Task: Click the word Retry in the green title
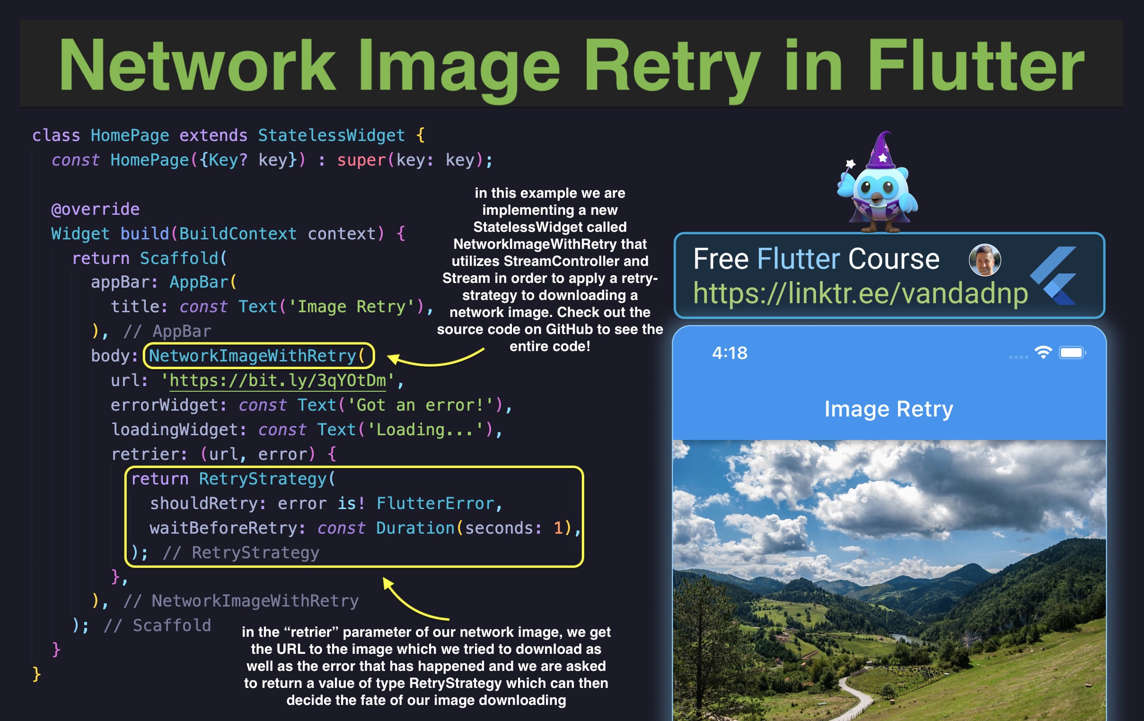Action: click(x=671, y=67)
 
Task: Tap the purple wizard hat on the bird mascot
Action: click(x=881, y=151)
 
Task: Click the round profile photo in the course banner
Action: click(x=985, y=260)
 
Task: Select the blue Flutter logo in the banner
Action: click(x=1055, y=276)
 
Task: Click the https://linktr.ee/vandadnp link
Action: click(x=860, y=293)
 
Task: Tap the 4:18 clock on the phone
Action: click(x=729, y=353)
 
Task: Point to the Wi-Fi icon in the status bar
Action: click(x=1043, y=352)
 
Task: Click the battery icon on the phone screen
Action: click(x=1072, y=352)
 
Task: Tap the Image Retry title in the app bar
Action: click(x=889, y=409)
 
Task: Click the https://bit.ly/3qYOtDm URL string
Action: click(x=277, y=380)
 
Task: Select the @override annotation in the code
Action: click(x=95, y=209)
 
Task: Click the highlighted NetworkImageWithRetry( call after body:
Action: click(x=257, y=356)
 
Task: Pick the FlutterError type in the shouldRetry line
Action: click(x=435, y=503)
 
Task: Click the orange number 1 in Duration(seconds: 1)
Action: click(x=558, y=528)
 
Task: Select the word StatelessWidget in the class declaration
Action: click(x=331, y=135)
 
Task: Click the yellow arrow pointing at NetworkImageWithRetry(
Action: click(x=435, y=359)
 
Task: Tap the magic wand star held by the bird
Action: click(x=850, y=164)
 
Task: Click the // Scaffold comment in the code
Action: click(x=157, y=625)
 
